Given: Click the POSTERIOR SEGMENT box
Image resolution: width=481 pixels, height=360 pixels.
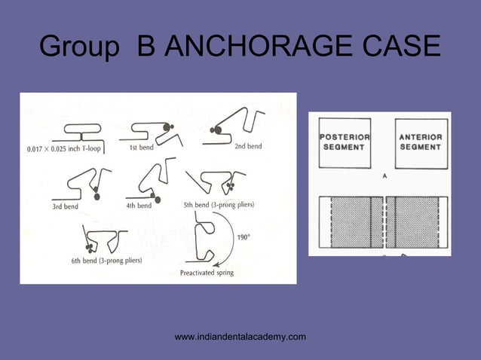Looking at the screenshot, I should (345, 142).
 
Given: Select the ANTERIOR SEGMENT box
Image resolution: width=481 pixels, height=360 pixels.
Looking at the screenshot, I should (421, 142).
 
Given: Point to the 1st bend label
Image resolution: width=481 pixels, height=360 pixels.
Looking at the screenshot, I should (141, 148).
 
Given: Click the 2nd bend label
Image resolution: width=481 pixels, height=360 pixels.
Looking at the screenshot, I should (248, 146).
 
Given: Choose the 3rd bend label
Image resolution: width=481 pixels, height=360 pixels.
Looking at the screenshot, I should (65, 205).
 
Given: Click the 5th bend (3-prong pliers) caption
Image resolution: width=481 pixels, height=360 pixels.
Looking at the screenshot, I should (219, 204).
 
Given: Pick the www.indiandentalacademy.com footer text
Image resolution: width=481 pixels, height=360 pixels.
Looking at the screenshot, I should (240, 336).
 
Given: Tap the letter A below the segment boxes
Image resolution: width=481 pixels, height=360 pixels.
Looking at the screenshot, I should (384, 176).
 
